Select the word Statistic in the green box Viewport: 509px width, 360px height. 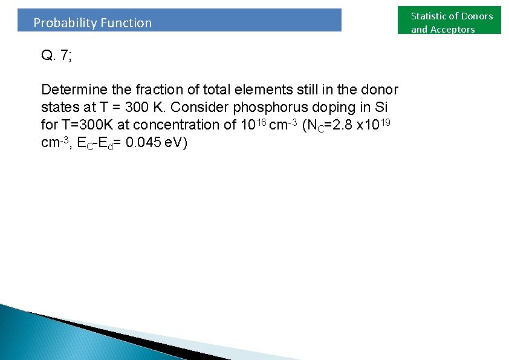pyautogui.click(x=430, y=16)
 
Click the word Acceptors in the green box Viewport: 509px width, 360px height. pyautogui.click(x=452, y=30)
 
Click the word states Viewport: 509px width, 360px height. pyautogui.click(x=58, y=108)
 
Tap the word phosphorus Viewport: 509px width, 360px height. pyautogui.click(x=272, y=108)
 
